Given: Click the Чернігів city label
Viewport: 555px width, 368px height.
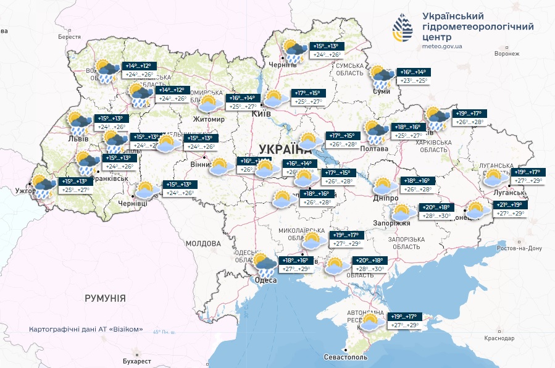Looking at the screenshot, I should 283,65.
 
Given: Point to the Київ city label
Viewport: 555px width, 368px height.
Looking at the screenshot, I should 251,114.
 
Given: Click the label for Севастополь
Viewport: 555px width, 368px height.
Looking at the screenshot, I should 346,358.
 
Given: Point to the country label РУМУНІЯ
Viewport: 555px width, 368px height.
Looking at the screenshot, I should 105,298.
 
